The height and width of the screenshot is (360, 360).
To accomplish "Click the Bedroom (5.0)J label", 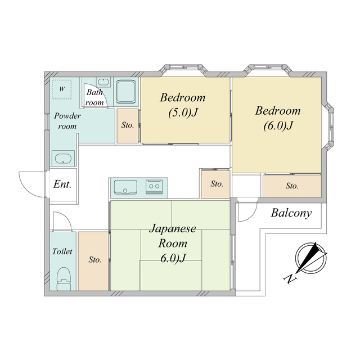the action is click(183, 105).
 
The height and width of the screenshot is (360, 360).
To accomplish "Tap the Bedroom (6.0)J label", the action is click(278, 118).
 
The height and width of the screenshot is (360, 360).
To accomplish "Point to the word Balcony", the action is click(291, 213).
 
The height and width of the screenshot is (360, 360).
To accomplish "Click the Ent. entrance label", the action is click(62, 184).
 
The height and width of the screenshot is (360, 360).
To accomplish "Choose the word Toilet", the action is click(62, 251).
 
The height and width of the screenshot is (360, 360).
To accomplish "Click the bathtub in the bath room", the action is click(125, 92).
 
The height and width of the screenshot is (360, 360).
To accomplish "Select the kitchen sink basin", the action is click(125, 187).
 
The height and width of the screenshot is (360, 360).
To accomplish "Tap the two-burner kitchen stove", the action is click(154, 187).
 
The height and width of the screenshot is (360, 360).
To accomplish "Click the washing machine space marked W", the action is click(61, 89).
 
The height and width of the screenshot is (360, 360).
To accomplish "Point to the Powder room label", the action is click(67, 121).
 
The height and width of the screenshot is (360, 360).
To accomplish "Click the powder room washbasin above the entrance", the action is click(63, 158).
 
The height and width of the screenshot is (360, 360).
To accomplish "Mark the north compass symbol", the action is click(311, 258).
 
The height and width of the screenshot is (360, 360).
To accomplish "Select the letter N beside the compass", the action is click(290, 279).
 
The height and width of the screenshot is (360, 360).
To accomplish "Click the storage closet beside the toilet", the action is click(93, 261).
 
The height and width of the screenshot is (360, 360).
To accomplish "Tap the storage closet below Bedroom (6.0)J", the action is click(292, 186).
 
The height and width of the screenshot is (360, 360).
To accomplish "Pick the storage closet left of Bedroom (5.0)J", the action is click(128, 126).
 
